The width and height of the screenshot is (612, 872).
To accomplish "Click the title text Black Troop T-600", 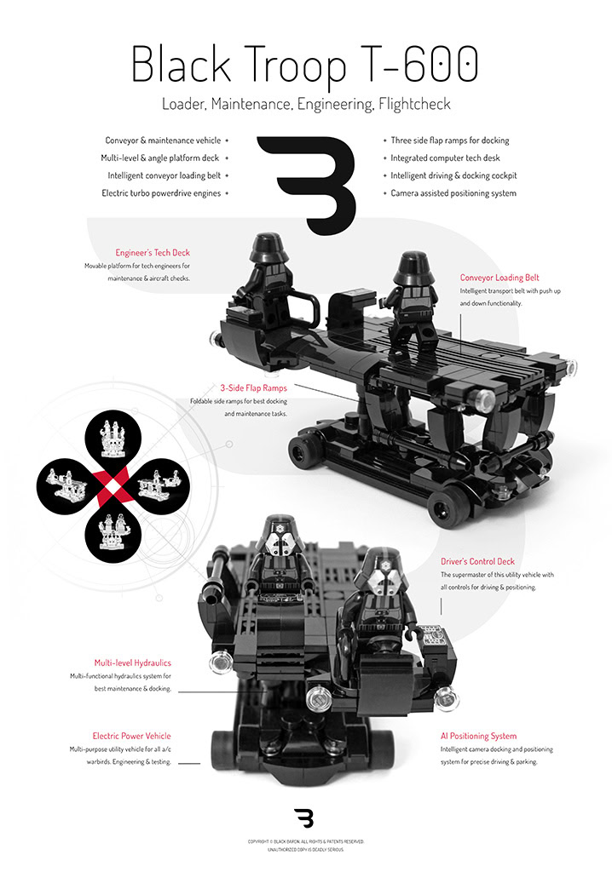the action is pyautogui.click(x=304, y=65).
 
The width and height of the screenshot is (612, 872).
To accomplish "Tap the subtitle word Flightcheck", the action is pyautogui.click(x=414, y=104).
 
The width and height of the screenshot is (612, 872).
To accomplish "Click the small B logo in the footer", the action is pyautogui.click(x=304, y=818).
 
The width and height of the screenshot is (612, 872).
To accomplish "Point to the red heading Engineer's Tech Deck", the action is pyautogui.click(x=153, y=252).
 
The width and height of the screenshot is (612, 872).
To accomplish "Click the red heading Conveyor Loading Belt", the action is pyautogui.click(x=499, y=278).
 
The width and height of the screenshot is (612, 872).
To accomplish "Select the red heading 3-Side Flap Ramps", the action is pyautogui.click(x=253, y=387).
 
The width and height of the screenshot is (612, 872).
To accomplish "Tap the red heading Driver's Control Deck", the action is pyautogui.click(x=478, y=561).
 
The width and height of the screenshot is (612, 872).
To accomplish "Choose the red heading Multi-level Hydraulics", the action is pyautogui.click(x=132, y=663).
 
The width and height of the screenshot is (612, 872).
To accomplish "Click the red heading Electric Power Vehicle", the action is pyautogui.click(x=131, y=736).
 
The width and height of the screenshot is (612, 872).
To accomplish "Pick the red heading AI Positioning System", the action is pyautogui.click(x=478, y=736).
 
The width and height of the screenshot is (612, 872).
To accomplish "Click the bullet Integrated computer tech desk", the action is pyautogui.click(x=445, y=158).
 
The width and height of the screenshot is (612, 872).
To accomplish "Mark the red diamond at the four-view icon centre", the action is pyautogui.click(x=113, y=487).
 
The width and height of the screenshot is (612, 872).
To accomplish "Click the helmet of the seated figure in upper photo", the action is pyautogui.click(x=269, y=248).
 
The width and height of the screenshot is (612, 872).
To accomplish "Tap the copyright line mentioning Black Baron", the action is pyautogui.click(x=306, y=841).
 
